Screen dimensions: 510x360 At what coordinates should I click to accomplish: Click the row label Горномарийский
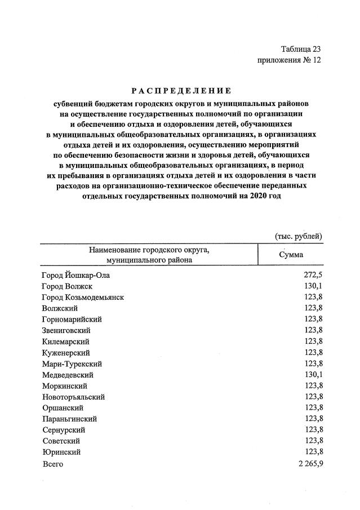[72, 320]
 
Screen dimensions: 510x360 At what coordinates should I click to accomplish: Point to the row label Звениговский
[66, 330]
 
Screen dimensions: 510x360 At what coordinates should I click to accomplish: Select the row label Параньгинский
[69, 419]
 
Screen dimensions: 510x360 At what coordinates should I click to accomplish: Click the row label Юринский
[61, 452]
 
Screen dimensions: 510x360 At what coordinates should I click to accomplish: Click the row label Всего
[52, 463]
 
